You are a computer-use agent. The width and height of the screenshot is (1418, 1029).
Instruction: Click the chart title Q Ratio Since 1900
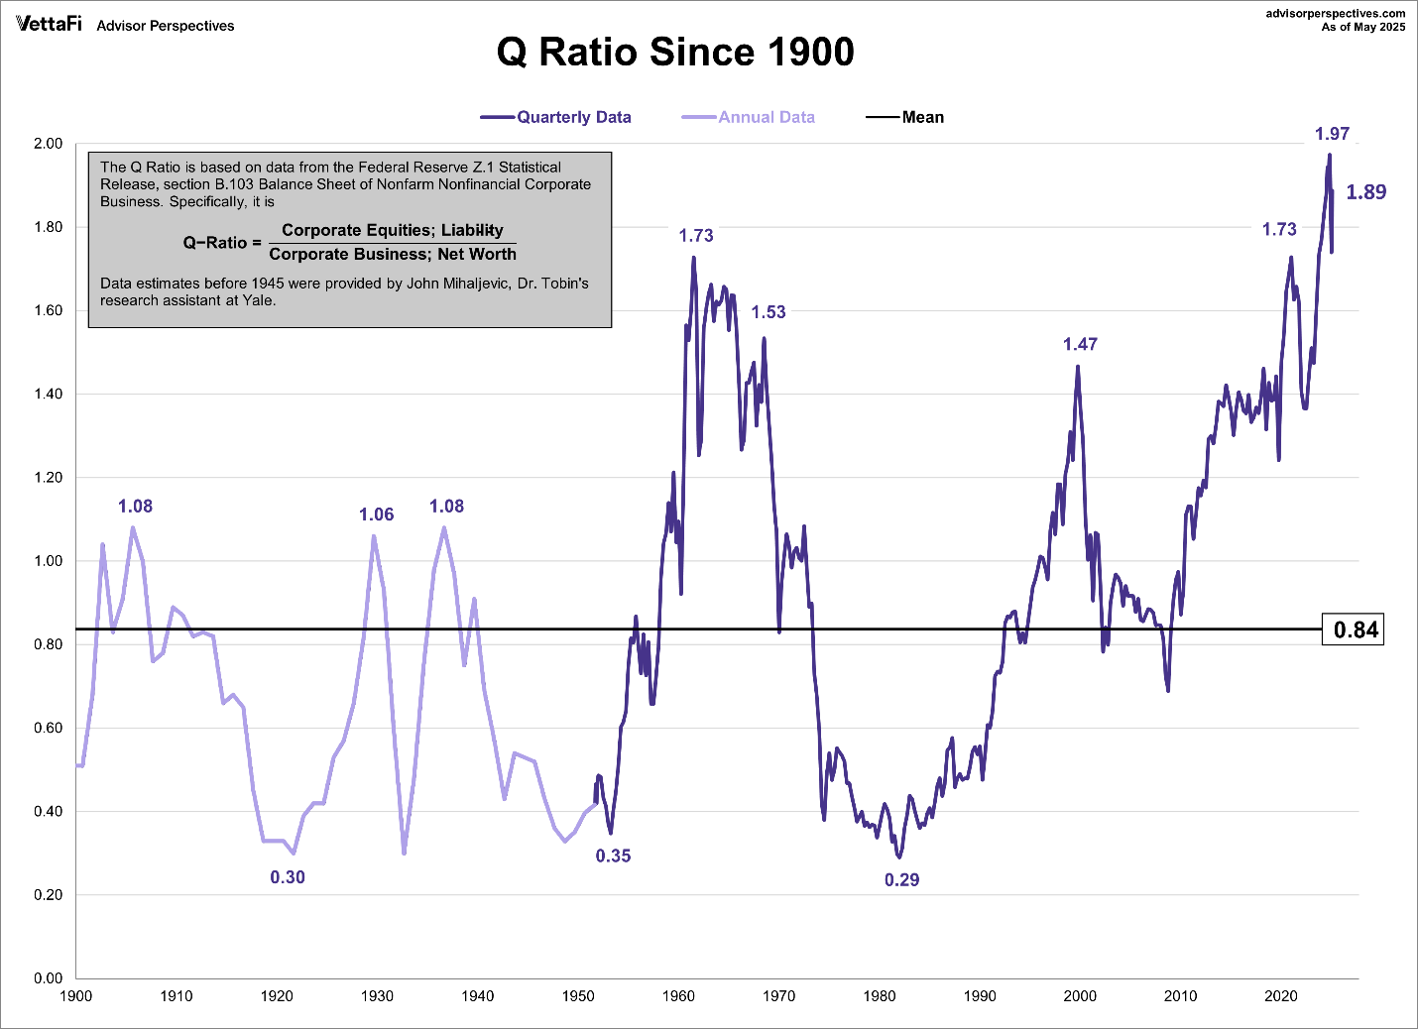tap(675, 53)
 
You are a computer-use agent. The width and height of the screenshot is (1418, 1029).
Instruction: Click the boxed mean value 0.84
tap(1355, 629)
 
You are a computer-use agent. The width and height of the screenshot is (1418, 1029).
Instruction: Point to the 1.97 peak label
tap(1332, 134)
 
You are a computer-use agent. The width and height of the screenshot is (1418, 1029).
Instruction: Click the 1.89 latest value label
tap(1365, 192)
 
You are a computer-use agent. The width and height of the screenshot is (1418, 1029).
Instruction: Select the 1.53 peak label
tap(768, 312)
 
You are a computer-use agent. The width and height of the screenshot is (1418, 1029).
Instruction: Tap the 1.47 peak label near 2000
tap(1080, 344)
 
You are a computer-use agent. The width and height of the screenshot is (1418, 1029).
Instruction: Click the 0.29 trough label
tap(901, 879)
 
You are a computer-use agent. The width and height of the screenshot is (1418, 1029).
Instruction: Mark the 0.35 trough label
tap(613, 856)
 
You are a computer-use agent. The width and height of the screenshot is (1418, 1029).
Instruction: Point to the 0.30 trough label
tap(288, 877)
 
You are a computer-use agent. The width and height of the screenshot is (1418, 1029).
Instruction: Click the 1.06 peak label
tap(376, 514)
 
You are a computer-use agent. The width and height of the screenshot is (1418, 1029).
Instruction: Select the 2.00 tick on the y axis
tap(49, 144)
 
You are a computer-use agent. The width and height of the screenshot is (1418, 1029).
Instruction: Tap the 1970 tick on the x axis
tap(778, 996)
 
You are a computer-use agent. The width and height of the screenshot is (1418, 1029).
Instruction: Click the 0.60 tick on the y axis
tap(49, 728)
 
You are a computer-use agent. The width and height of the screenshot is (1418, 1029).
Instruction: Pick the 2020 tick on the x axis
tap(1280, 996)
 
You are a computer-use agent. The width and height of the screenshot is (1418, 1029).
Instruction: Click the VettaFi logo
tap(49, 24)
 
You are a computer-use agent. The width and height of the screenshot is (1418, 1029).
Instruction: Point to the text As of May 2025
tap(1362, 27)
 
